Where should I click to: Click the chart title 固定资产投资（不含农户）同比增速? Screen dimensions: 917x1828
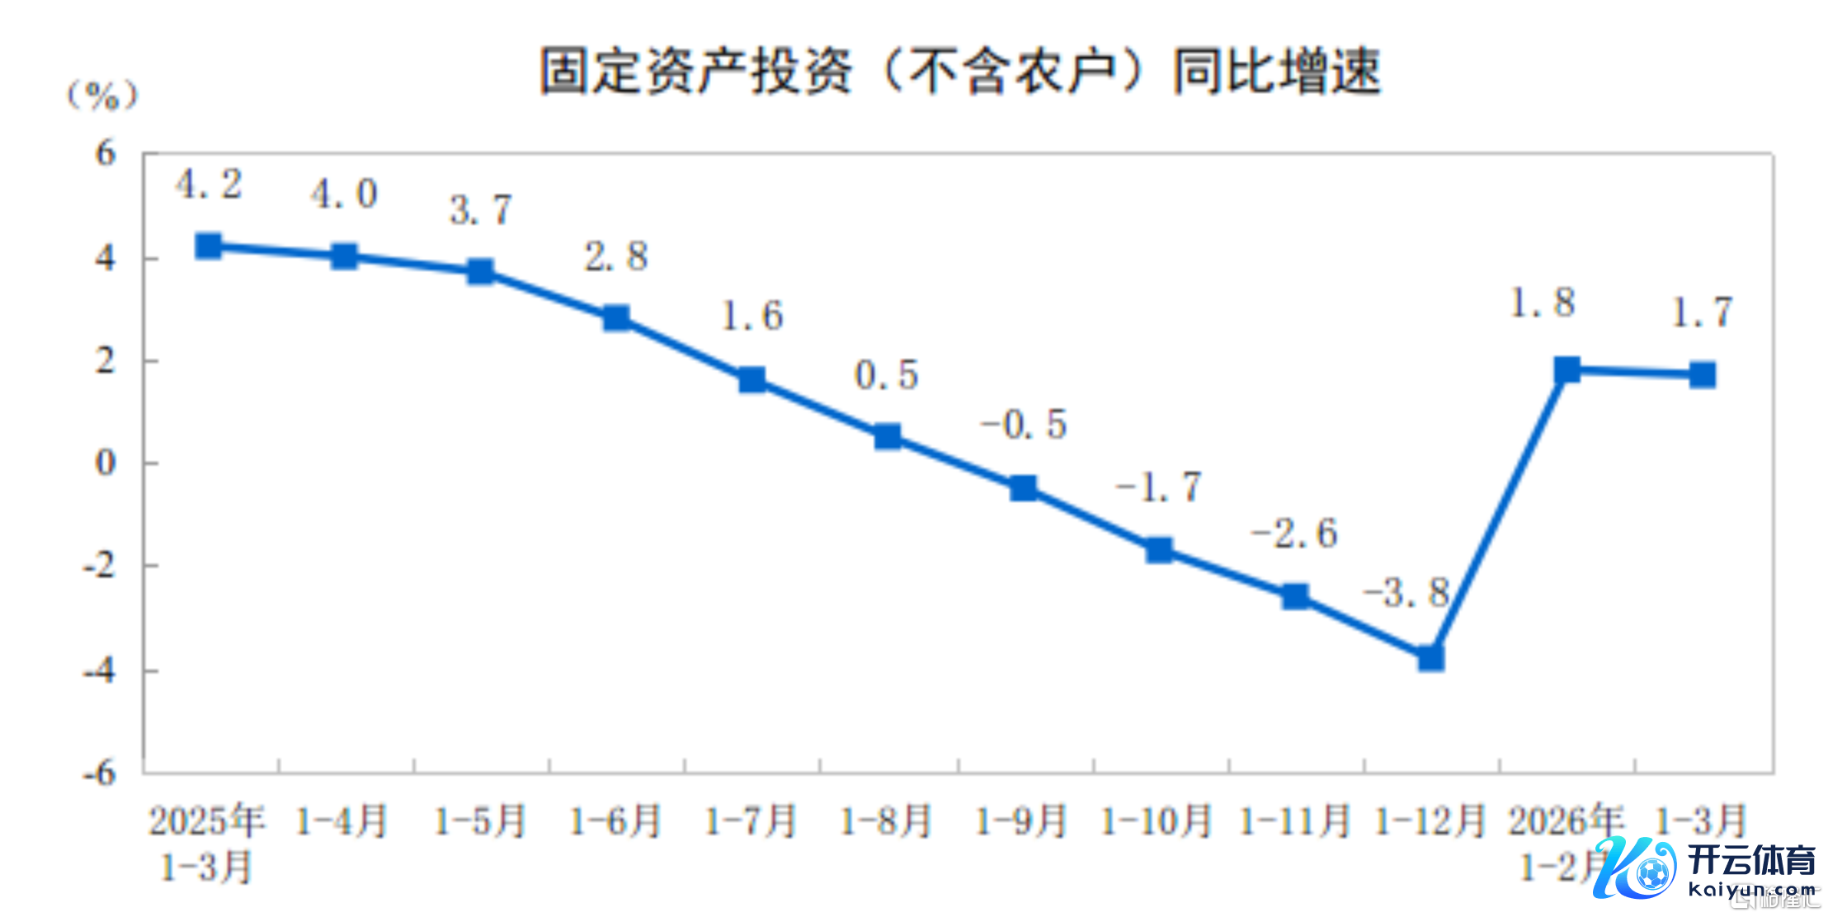click(x=960, y=71)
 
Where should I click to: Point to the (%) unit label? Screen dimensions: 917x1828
click(x=102, y=96)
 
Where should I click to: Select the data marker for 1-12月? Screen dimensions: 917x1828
click(x=1431, y=657)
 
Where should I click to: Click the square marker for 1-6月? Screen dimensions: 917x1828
click(x=616, y=317)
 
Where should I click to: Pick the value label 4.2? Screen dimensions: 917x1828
click(x=209, y=184)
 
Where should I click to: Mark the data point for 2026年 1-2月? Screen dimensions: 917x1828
click(x=1567, y=369)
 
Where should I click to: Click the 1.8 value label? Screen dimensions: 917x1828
click(x=1542, y=303)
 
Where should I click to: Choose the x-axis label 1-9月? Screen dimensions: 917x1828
click(x=1021, y=821)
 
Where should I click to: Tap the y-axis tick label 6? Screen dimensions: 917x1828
click(x=106, y=153)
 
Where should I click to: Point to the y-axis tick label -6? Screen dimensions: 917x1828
click(x=100, y=773)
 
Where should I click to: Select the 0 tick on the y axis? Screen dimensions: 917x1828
click(x=106, y=463)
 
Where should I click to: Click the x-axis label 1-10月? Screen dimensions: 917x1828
click(x=1157, y=821)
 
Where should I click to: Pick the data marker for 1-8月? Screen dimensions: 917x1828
click(x=888, y=436)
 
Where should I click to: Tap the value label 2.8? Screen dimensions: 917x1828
click(x=616, y=256)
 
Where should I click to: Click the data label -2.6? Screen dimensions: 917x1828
click(x=1294, y=534)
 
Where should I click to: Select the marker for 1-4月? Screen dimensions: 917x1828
click(x=344, y=256)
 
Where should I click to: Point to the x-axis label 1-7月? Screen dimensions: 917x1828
click(x=750, y=821)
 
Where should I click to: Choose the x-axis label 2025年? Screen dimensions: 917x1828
click(x=206, y=821)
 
